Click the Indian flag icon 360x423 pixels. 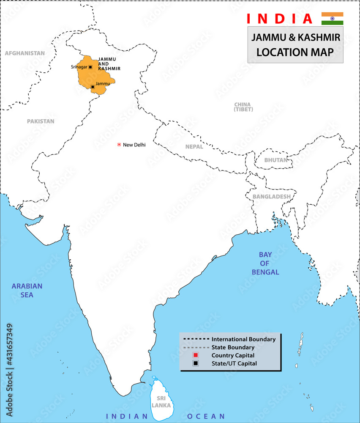(x=332, y=19)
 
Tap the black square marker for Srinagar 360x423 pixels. (x=90, y=67)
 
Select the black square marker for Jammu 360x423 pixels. (x=93, y=87)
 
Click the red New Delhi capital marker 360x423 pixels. (x=119, y=145)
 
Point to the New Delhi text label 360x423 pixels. (x=134, y=145)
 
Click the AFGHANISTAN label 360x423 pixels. (x=25, y=53)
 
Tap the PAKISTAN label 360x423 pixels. (x=41, y=121)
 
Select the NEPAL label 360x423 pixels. (x=194, y=147)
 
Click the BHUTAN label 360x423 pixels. (x=275, y=160)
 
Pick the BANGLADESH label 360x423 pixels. (x=271, y=197)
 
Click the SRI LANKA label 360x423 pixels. (x=162, y=402)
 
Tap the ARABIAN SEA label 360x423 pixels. (x=27, y=291)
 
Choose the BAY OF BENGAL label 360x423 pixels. (x=265, y=263)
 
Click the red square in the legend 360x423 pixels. (x=195, y=355)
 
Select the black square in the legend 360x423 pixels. (x=195, y=363)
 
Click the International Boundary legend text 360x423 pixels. (x=243, y=339)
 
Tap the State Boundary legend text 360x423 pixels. (x=233, y=347)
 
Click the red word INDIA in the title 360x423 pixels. (x=279, y=19)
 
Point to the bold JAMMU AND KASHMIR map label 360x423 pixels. (x=109, y=64)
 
